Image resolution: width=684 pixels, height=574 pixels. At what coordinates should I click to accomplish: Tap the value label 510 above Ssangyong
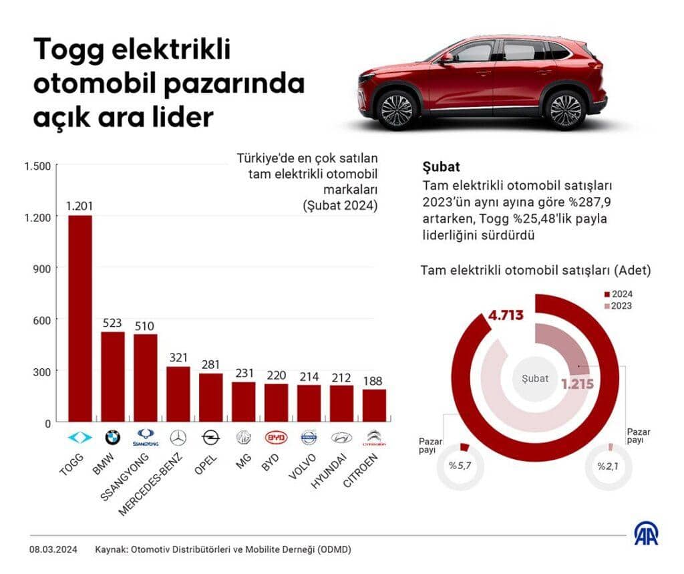pos(145,325)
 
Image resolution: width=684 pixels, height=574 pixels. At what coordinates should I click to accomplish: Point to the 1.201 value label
pos(79,206)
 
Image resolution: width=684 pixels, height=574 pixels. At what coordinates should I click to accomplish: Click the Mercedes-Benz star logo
pos(178,438)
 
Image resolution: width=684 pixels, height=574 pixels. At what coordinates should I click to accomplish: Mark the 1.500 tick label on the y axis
pos(37,165)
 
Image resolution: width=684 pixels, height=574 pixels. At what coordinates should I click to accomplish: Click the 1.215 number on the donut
pos(577,385)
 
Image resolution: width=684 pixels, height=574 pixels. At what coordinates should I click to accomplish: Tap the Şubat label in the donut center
pos(534,378)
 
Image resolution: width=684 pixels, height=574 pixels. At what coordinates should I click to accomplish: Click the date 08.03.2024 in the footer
pos(53,549)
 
